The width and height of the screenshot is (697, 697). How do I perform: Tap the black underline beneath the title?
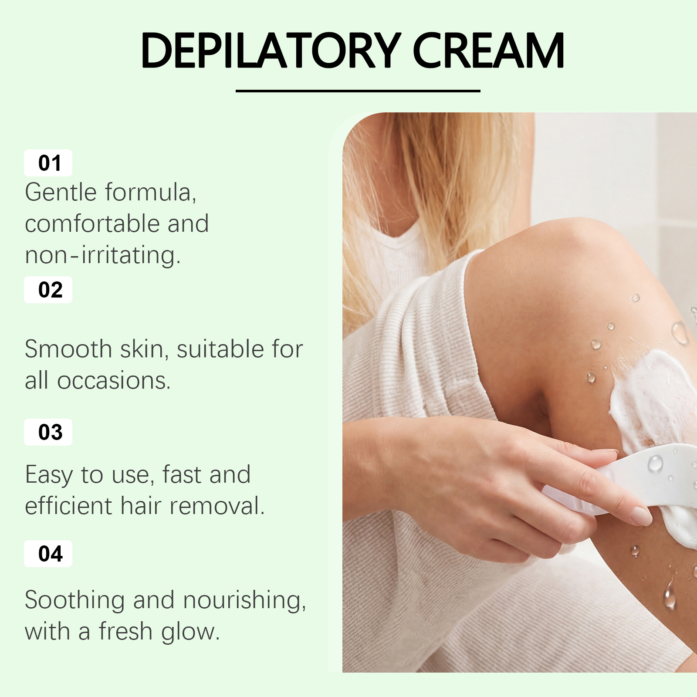coord(358,91)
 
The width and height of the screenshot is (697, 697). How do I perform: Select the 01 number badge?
coord(48,162)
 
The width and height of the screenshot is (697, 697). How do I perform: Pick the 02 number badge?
coord(48,290)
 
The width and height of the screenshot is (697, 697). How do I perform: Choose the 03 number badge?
coord(48,432)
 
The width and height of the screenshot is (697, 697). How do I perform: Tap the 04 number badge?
coord(48,554)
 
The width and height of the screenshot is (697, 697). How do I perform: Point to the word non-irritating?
coord(103,255)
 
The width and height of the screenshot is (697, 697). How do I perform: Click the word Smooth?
coord(68,349)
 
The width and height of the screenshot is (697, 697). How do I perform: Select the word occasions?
coord(114,381)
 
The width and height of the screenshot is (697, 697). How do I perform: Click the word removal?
coord(217,506)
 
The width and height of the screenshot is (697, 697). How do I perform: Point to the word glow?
coord(190,632)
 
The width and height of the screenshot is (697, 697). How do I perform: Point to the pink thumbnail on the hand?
coord(641,516)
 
